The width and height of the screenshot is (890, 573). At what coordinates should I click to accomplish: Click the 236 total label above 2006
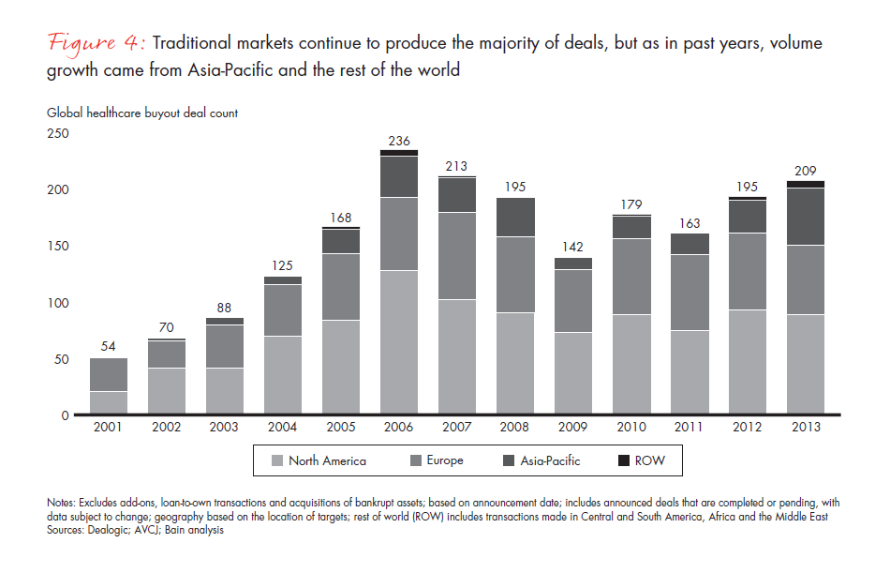[x=399, y=141]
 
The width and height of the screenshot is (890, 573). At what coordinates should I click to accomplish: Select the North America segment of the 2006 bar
[x=399, y=342]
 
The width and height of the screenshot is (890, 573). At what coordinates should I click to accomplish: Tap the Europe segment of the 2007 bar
[x=457, y=256]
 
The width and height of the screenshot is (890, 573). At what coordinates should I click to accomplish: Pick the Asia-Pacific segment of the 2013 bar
[x=806, y=217]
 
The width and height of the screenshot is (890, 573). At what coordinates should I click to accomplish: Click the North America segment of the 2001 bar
[x=109, y=402]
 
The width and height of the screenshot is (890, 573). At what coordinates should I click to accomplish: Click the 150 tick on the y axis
[x=58, y=246]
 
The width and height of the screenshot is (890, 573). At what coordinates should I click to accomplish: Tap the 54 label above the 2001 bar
[x=109, y=346]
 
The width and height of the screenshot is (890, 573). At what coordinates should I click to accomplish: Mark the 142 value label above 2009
[x=573, y=248]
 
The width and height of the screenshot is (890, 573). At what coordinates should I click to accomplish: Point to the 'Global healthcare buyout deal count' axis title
[x=142, y=113]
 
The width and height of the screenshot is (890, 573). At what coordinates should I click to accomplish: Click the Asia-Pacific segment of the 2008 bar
[x=515, y=218]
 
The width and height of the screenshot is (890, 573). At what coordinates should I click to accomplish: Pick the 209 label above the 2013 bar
[x=806, y=171]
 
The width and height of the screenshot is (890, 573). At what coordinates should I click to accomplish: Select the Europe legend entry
[x=437, y=460]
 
